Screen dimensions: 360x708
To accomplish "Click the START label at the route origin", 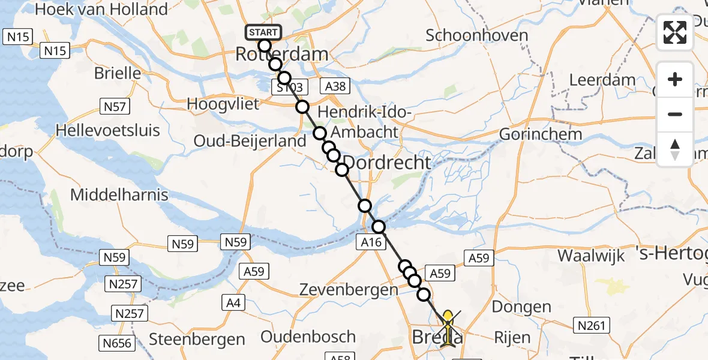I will point(262,32).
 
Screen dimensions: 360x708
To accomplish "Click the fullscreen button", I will point(675,32).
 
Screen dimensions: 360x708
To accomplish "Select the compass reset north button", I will point(675,149).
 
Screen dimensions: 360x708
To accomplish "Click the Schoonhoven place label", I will point(476,35).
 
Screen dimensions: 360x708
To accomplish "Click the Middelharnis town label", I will point(119,194).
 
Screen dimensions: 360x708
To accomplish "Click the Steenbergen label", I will point(197,339).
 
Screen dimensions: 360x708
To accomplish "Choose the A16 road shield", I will point(370,242).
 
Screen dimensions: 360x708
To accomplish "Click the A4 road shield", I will point(233,303).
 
